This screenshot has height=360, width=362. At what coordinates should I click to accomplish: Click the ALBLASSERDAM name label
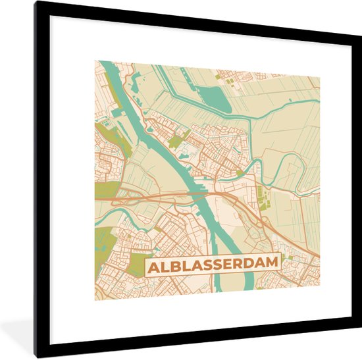point(212,265)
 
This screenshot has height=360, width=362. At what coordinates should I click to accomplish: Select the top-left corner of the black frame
point(37,4)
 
